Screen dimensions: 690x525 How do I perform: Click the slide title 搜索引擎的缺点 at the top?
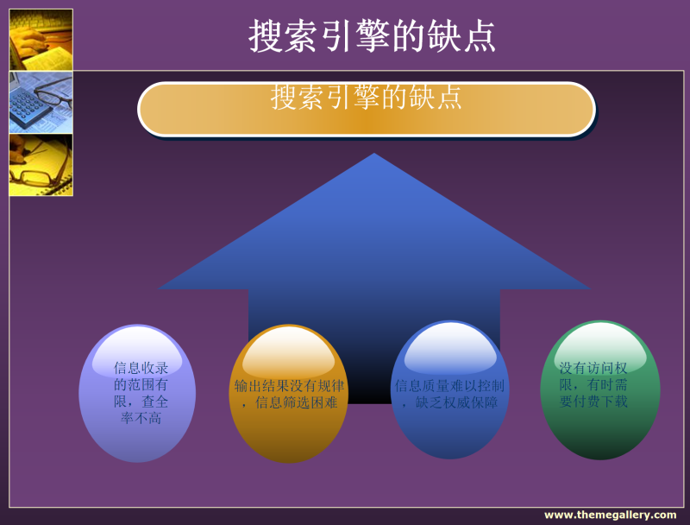pos(372,36)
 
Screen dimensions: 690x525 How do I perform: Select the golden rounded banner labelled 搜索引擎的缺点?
pos(367,109)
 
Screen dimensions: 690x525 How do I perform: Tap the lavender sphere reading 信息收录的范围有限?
pos(137,393)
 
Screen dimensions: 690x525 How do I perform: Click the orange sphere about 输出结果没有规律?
pos(289,393)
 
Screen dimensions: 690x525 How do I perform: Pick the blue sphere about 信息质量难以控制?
pos(449,389)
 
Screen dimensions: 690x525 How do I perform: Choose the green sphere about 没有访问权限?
pos(600,389)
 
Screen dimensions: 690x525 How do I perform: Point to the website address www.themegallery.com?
pos(611,515)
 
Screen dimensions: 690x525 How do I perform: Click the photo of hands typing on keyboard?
pos(41,40)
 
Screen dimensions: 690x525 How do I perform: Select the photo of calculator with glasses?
pos(41,102)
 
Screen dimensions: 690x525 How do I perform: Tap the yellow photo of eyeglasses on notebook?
pos(41,165)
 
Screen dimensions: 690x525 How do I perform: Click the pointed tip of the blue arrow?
pos(374,154)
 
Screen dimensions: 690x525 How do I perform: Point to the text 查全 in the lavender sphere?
pos(154,402)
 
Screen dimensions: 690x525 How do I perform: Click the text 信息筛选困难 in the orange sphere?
pos(296,402)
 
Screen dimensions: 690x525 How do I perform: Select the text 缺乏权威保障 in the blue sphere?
pos(456,402)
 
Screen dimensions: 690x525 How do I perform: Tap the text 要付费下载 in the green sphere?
pos(593,402)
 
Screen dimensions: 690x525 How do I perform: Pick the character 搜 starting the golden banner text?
pos(284,98)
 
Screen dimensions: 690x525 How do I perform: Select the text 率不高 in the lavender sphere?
pos(141,418)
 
